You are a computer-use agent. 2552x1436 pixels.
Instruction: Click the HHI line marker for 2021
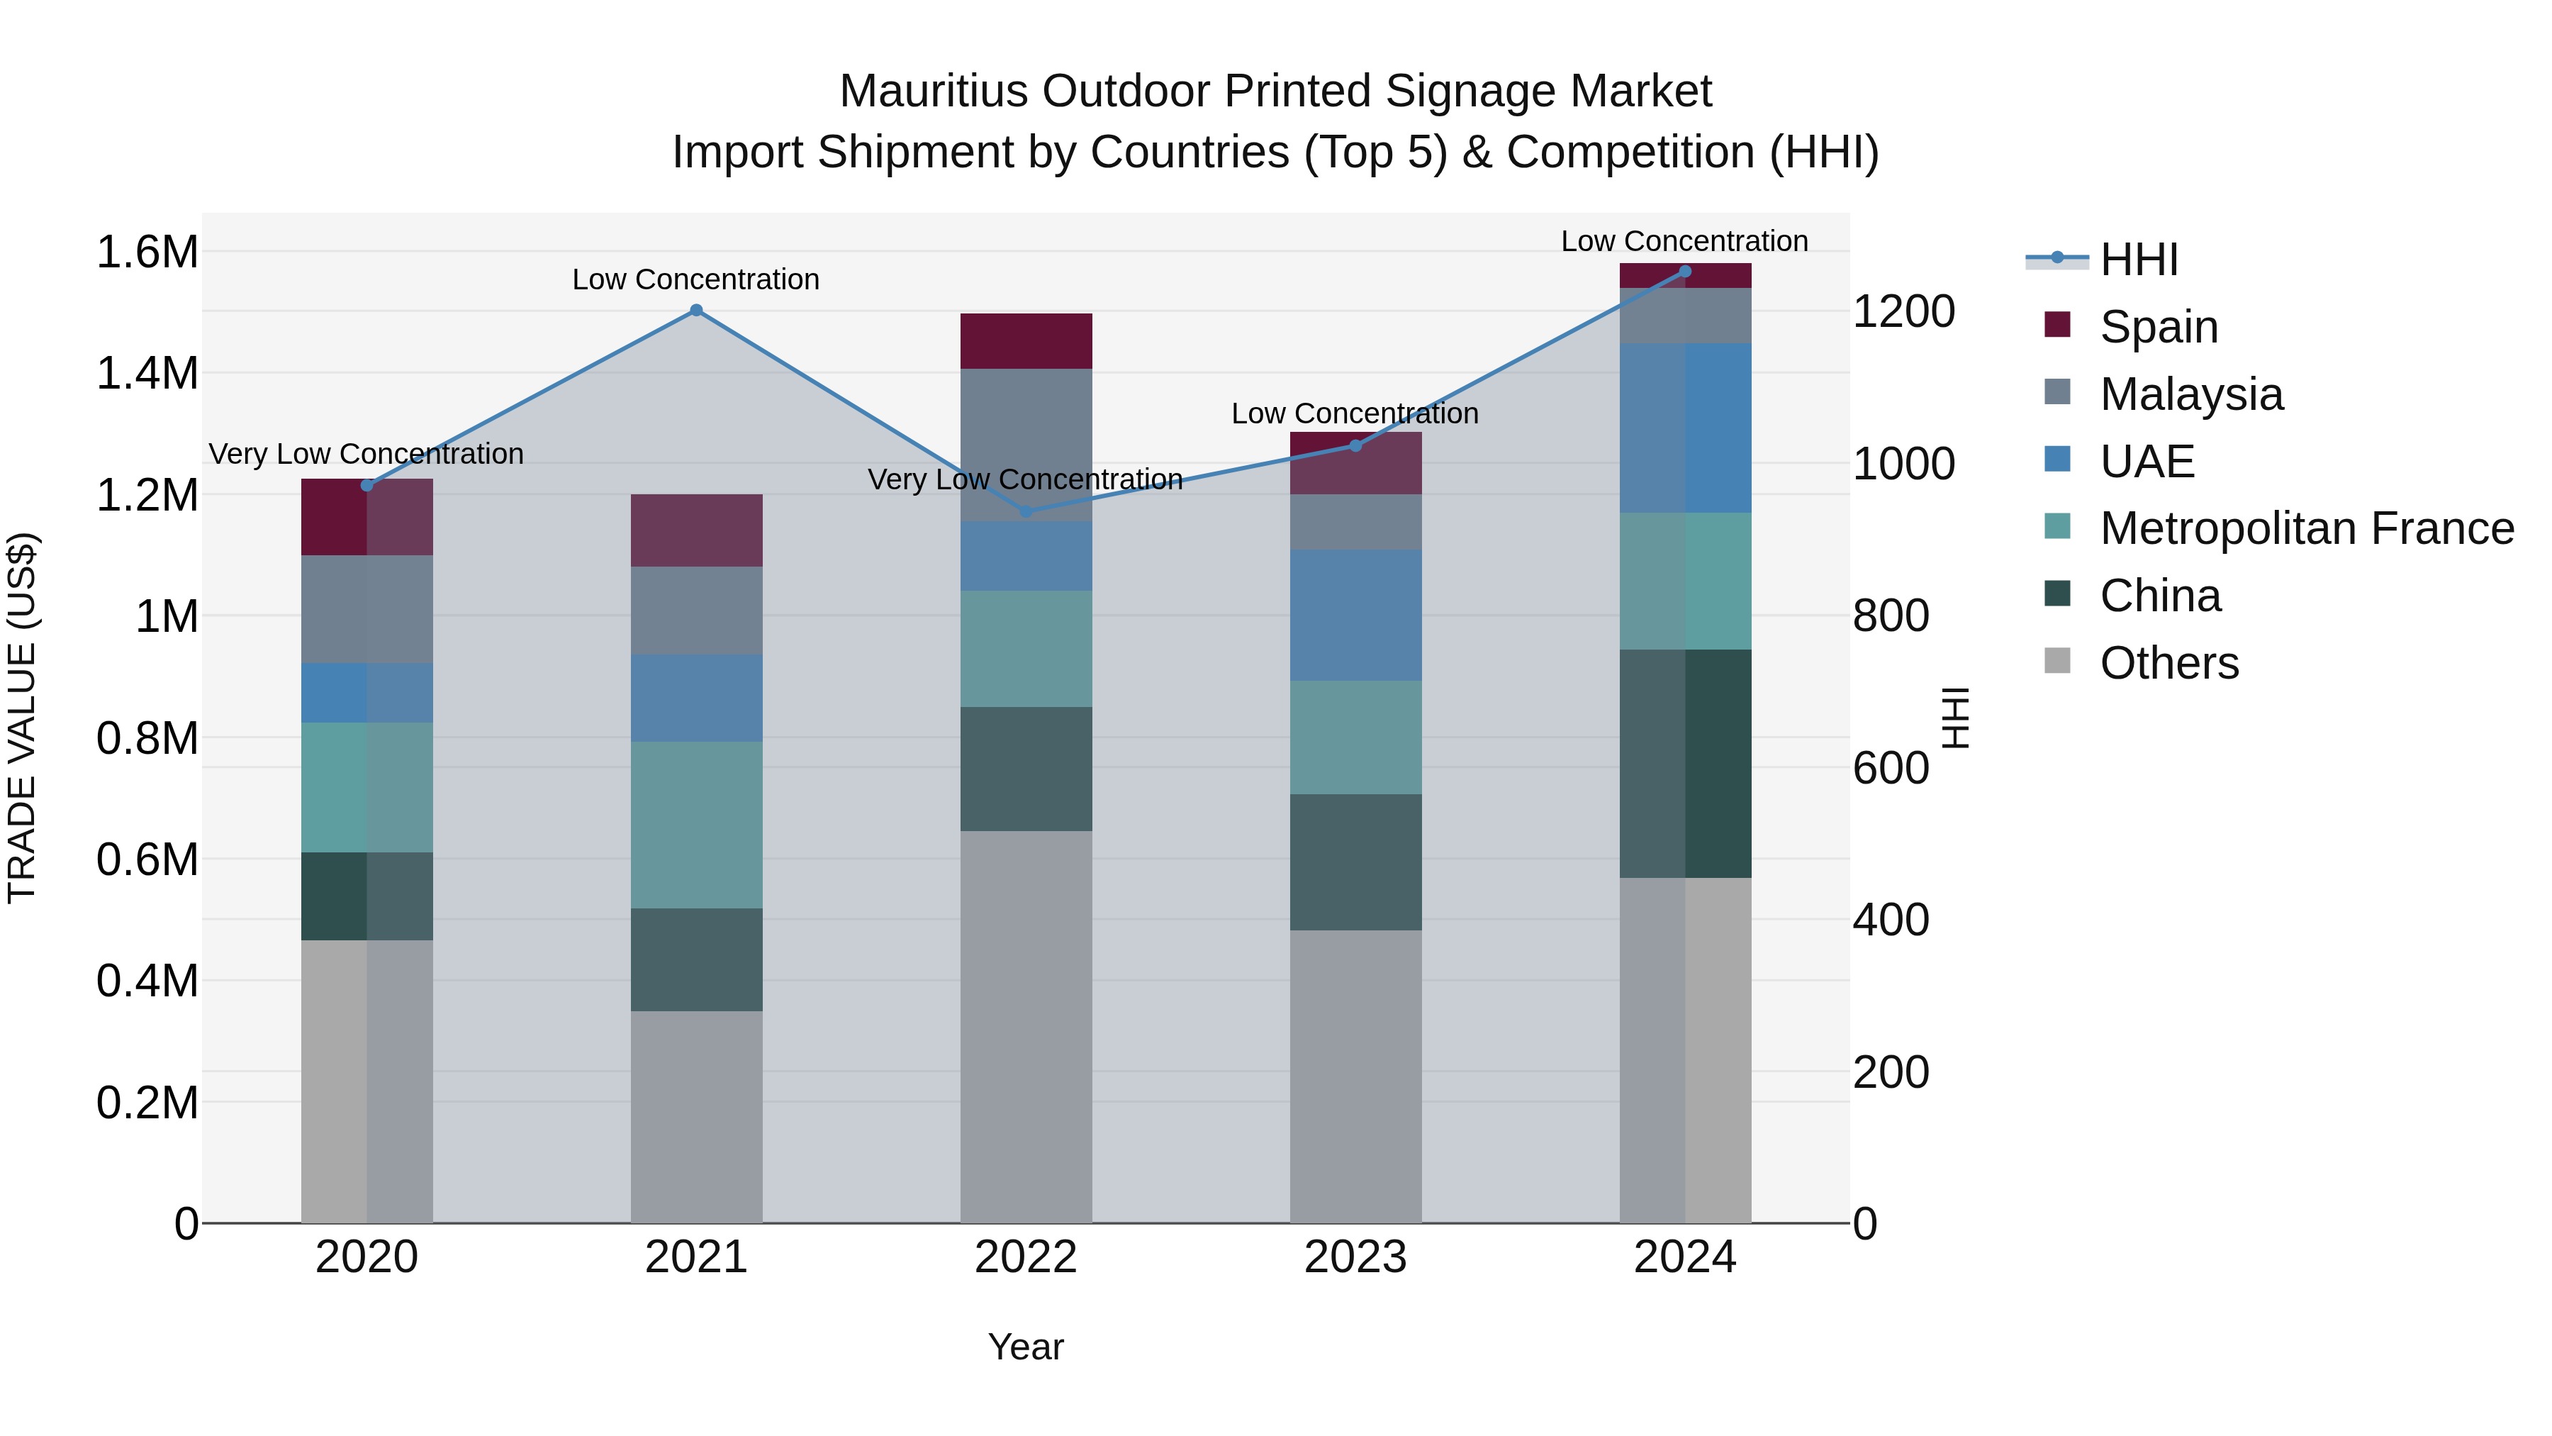[x=695, y=310]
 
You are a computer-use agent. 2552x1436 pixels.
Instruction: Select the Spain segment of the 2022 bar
[x=1026, y=341]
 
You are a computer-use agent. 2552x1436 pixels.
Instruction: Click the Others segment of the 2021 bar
[x=695, y=1117]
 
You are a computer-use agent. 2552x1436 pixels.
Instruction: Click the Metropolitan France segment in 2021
[x=695, y=825]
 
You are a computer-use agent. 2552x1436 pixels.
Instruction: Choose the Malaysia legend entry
[x=2190, y=394]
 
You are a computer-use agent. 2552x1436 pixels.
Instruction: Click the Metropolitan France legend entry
[x=2305, y=528]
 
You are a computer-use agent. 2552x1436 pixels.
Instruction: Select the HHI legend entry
[x=2138, y=260]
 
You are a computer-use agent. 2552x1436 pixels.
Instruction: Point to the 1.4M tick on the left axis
[x=147, y=374]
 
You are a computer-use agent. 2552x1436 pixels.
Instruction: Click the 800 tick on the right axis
[x=1890, y=616]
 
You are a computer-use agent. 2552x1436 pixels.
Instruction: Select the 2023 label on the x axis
[x=1355, y=1257]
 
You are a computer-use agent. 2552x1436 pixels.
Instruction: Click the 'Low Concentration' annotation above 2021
[x=695, y=279]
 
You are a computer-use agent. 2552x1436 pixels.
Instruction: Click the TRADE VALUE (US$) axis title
[x=22, y=718]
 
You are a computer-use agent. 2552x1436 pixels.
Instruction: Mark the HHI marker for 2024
[x=1685, y=272]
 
